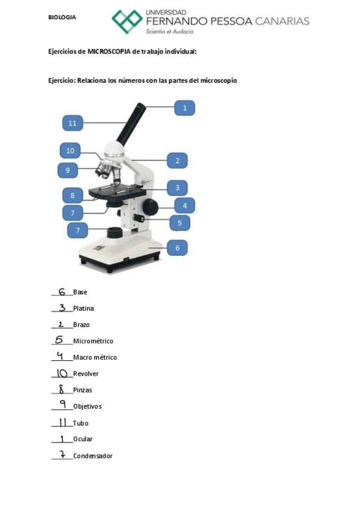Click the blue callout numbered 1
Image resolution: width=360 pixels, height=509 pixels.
click(185, 108)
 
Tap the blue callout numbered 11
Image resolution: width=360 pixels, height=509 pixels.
click(73, 123)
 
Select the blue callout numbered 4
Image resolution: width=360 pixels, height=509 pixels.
click(185, 206)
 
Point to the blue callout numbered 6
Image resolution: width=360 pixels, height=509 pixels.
click(178, 247)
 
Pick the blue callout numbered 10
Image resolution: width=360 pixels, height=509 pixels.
click(70, 151)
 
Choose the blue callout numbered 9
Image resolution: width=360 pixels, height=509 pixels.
click(68, 170)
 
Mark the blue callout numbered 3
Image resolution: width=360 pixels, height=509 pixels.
click(178, 188)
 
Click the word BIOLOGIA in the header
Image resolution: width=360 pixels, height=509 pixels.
click(62, 17)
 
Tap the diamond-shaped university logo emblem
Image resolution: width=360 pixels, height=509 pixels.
click(127, 21)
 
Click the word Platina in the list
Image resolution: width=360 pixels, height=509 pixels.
click(83, 309)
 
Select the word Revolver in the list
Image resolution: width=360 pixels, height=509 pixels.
click(86, 373)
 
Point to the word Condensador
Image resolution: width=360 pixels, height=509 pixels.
click(92, 456)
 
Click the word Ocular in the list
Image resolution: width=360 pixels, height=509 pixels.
click(83, 439)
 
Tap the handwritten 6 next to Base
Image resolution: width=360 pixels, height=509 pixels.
click(62, 292)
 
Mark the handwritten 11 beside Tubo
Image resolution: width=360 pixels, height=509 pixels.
click(62, 423)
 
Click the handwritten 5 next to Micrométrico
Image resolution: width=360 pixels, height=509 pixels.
click(59, 340)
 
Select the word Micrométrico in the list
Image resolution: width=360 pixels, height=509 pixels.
click(93, 341)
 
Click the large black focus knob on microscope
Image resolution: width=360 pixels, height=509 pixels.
click(150, 206)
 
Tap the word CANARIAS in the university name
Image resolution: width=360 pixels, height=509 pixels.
click(282, 22)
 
